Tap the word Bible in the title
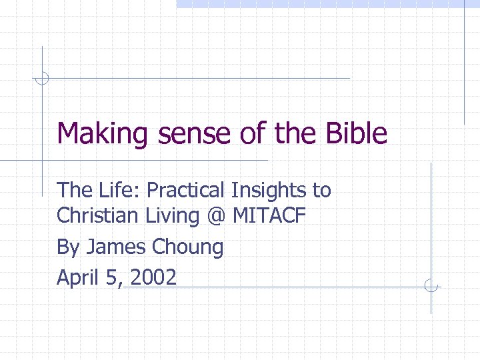(356, 133)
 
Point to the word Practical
(186, 191)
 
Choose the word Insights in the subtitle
(269, 191)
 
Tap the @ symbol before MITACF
(216, 217)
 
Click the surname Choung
(188, 247)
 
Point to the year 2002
(153, 277)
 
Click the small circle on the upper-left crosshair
(42, 78)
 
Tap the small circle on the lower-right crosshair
(431, 287)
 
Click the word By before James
(68, 247)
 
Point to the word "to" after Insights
(321, 191)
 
